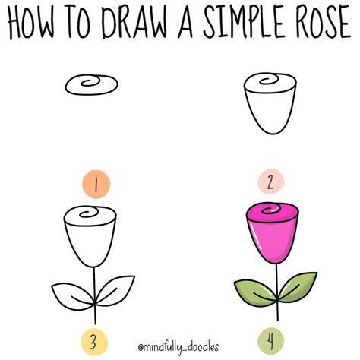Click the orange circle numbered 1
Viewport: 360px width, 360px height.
[93, 184]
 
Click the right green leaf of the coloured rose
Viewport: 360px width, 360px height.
[298, 284]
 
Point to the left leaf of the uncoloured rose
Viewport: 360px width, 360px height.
[72, 291]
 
